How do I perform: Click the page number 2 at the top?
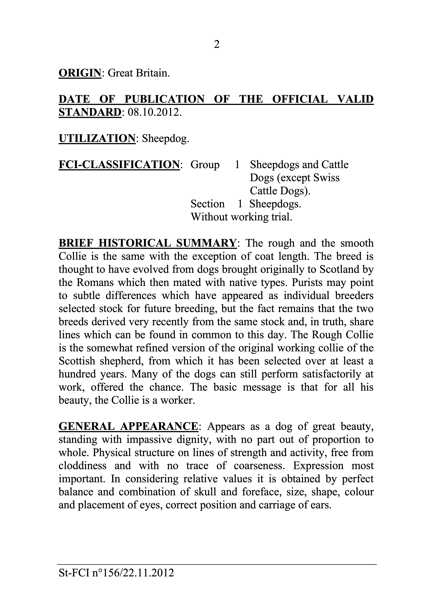point(217,44)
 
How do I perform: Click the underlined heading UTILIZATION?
point(97,138)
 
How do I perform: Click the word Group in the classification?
point(205,165)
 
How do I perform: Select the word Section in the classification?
point(207,204)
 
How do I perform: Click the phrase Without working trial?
point(241,217)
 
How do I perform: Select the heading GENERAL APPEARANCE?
point(128,426)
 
